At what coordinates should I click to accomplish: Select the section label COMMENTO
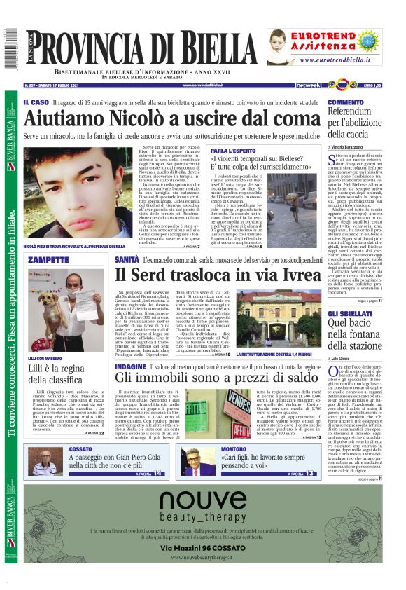click(x=347, y=102)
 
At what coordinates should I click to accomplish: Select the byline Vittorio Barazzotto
click(x=356, y=146)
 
